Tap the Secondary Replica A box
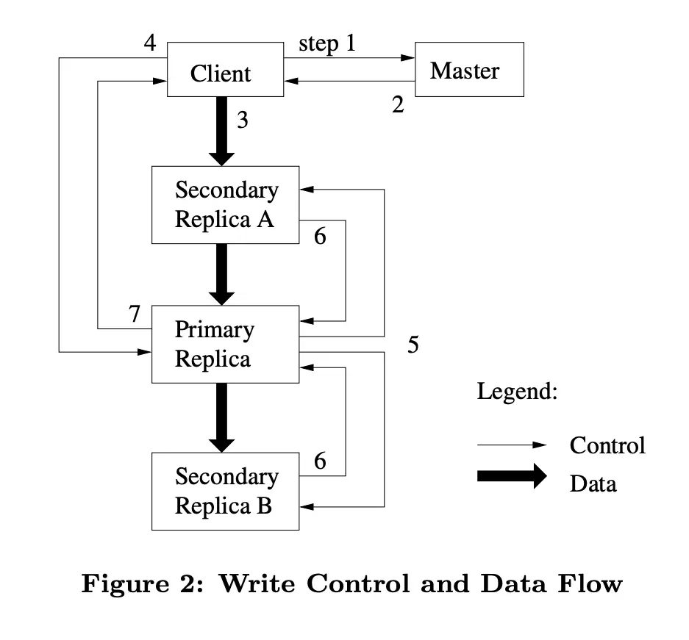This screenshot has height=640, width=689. (225, 205)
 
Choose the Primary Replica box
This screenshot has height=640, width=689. (225, 345)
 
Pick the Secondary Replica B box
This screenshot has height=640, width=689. (225, 492)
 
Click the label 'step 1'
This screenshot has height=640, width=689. (326, 43)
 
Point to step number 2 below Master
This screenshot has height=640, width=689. (398, 105)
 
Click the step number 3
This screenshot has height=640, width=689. (243, 120)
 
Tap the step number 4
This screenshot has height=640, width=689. (150, 43)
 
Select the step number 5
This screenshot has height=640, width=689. (413, 344)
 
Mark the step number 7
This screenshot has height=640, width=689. (134, 314)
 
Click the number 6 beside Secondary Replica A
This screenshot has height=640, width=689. (320, 237)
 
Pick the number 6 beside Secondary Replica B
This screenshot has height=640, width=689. (320, 461)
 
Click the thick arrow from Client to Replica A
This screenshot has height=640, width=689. (221, 130)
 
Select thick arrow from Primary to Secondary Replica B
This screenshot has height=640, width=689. (221, 417)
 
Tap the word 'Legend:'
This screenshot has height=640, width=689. (517, 391)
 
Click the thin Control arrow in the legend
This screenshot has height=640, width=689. (512, 445)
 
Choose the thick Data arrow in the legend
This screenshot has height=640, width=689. (512, 475)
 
